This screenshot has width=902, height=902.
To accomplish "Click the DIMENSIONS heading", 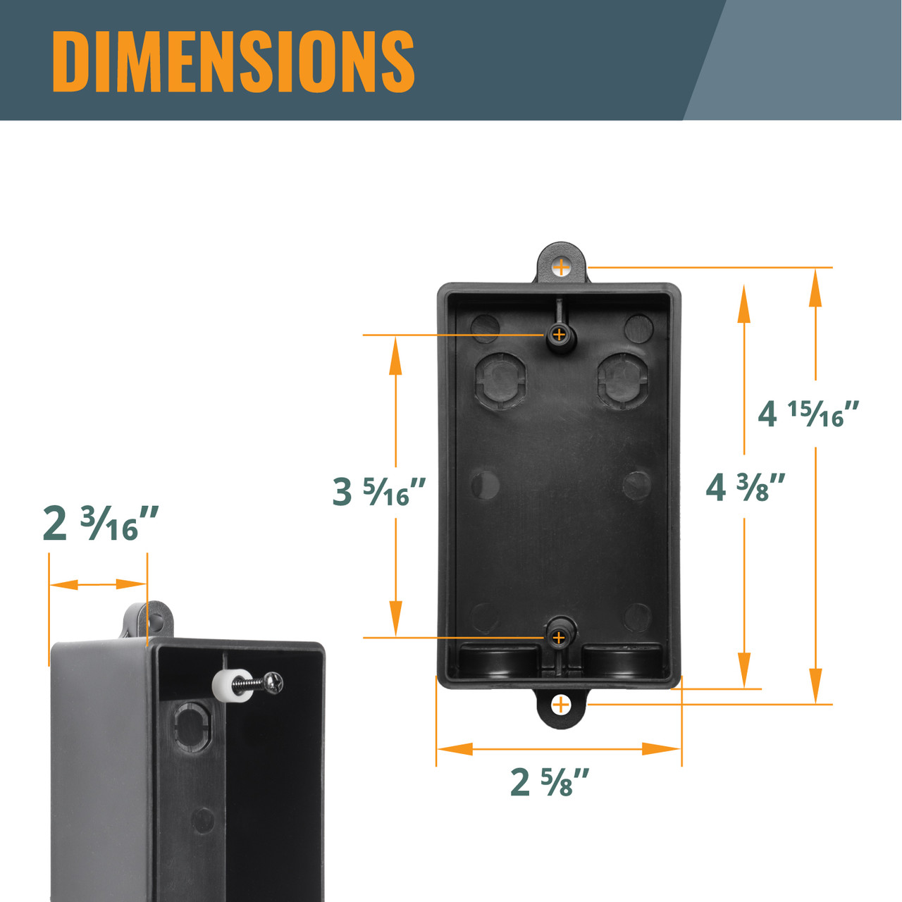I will [233, 61].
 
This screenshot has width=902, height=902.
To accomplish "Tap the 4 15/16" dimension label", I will [808, 414].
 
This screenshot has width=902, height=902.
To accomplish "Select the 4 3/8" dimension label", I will [746, 487].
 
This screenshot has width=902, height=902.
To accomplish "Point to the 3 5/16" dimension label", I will [379, 491].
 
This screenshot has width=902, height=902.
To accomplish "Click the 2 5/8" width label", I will [550, 782].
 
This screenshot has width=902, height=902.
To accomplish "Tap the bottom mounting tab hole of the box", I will [561, 704].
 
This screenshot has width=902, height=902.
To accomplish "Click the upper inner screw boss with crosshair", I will [559, 334].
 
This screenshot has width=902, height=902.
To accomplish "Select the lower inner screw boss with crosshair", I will [559, 638].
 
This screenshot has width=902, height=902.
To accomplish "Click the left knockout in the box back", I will [501, 379].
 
